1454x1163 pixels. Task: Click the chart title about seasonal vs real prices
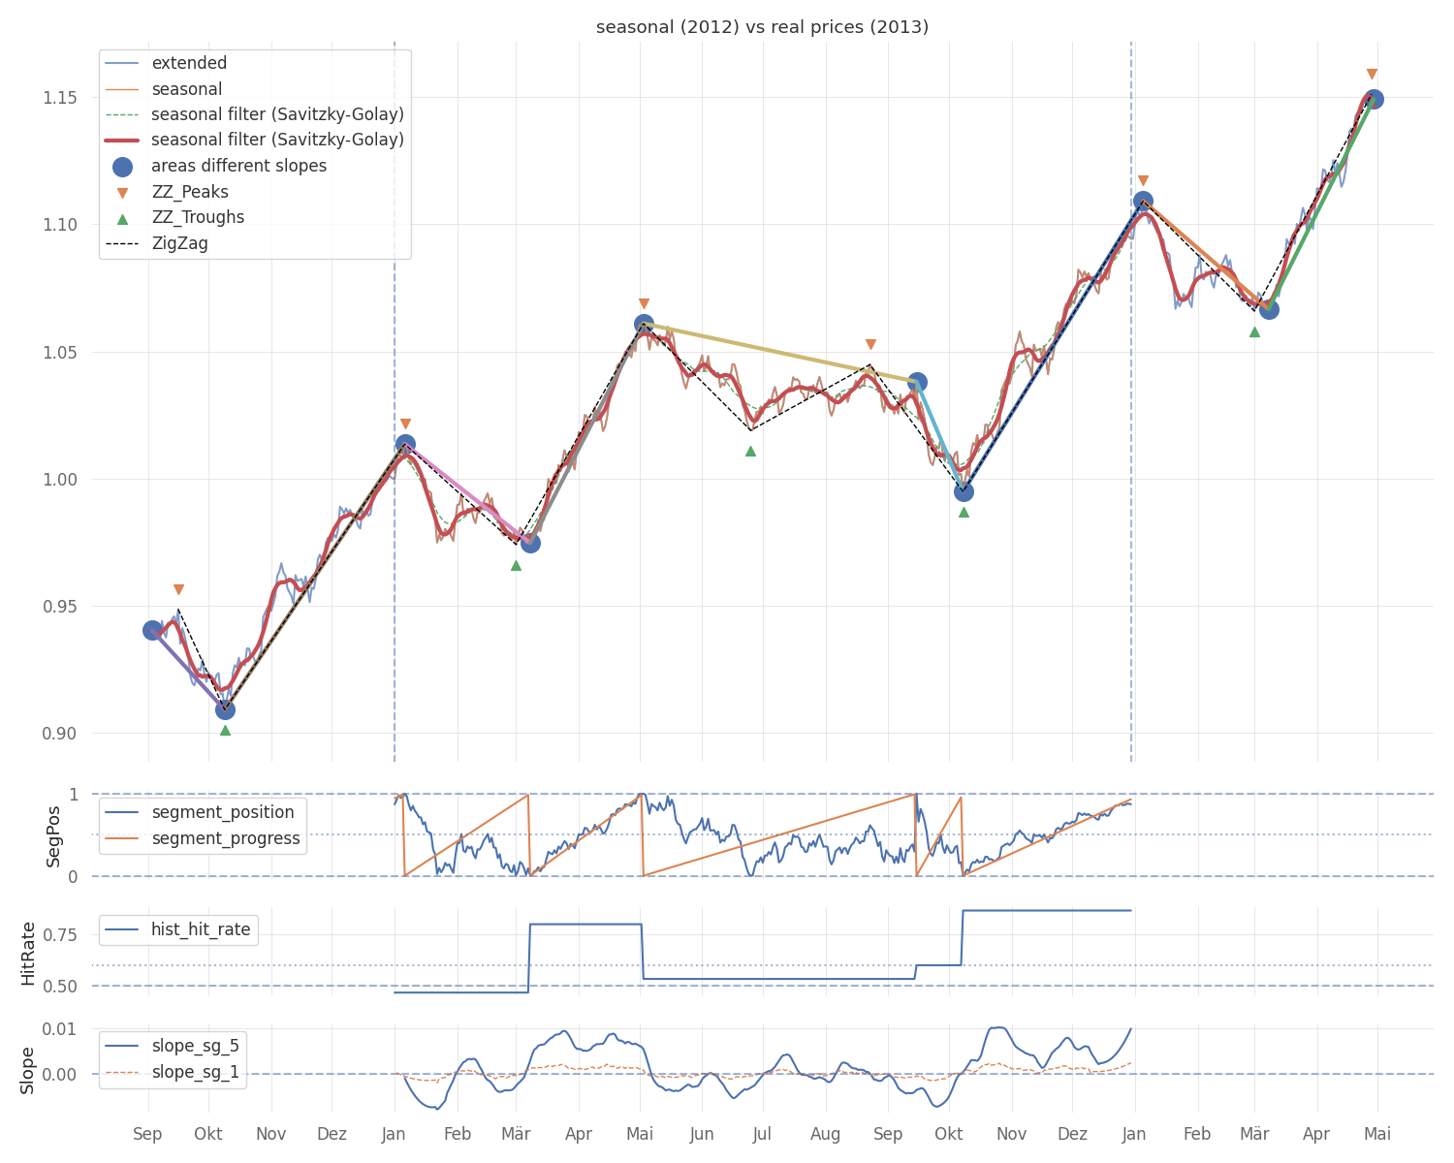click(762, 27)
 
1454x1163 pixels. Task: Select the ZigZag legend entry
click(179, 243)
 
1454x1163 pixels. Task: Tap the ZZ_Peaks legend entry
click(190, 192)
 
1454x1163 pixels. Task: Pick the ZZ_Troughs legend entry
click(198, 217)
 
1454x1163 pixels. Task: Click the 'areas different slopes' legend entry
click(238, 166)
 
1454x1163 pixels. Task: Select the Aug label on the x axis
click(826, 1134)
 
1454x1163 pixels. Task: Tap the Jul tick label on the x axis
click(763, 1134)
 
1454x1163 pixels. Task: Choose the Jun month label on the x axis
click(702, 1134)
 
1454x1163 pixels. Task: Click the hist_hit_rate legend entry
click(200, 929)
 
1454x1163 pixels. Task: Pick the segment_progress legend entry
click(225, 838)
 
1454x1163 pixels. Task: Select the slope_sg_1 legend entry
click(195, 1072)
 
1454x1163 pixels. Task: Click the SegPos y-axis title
click(54, 835)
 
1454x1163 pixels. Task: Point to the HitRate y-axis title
click(28, 954)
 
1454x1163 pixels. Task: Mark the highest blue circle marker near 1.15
click(1374, 99)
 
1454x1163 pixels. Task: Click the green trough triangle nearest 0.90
click(225, 730)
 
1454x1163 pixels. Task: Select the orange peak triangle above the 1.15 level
click(1372, 75)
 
